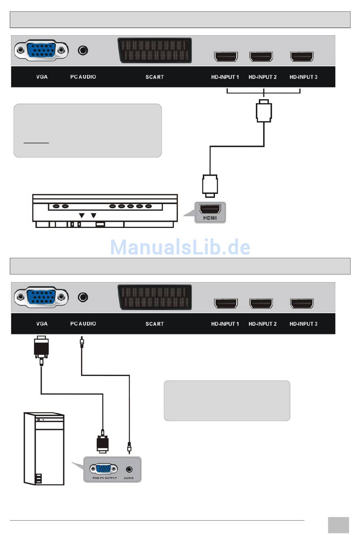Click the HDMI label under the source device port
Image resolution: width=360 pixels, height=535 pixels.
point(210,218)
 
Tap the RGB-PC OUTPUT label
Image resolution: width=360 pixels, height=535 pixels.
point(105,478)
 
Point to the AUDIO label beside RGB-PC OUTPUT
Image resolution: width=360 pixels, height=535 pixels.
point(128,478)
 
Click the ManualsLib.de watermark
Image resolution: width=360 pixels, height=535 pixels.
point(180,247)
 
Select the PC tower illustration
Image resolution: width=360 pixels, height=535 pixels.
point(44,449)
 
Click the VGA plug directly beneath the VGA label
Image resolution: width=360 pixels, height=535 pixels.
point(41,348)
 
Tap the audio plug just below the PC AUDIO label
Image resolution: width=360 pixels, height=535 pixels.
point(81,343)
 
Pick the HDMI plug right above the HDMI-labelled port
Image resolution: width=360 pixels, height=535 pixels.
point(210,186)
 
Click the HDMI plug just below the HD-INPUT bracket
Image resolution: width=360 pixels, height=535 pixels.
point(264,111)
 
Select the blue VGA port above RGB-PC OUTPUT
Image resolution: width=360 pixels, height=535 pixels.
point(103,469)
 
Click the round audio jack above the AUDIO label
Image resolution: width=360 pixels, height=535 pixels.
point(129,469)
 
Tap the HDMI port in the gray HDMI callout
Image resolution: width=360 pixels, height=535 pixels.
point(210,209)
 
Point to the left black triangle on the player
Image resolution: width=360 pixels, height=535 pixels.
point(81,215)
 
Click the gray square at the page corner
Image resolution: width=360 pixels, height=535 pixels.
point(338,525)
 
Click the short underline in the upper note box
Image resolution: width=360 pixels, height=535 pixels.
point(36,143)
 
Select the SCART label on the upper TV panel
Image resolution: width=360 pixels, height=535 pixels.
point(155,77)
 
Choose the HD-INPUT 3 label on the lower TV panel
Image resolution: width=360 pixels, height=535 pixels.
point(303,324)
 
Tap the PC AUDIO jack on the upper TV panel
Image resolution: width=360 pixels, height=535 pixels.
point(83,50)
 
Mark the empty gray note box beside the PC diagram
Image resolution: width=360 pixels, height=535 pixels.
point(227,401)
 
